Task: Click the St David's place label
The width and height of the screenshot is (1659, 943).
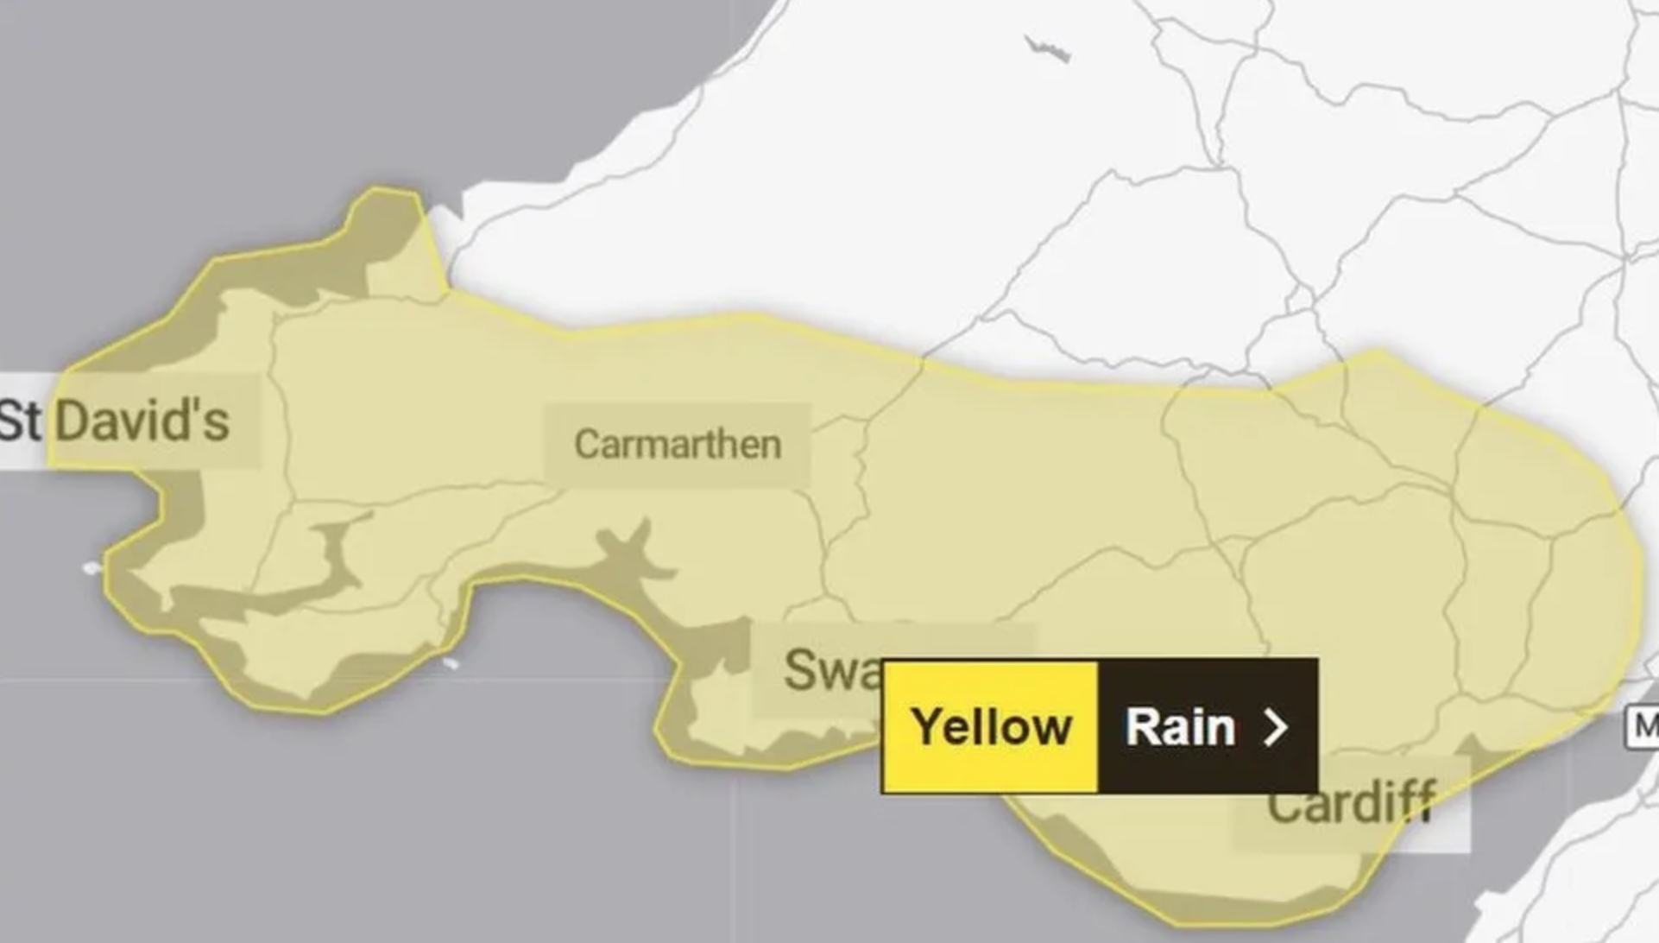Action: click(117, 421)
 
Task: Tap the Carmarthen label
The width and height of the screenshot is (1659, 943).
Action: click(678, 444)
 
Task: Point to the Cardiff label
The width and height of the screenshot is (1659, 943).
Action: click(1351, 803)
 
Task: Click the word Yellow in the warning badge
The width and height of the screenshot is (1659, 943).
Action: click(991, 727)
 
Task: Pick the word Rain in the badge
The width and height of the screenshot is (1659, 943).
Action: click(1180, 727)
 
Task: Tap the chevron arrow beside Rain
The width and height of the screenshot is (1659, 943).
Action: click(1276, 727)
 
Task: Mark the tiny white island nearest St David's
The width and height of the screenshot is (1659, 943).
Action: click(91, 567)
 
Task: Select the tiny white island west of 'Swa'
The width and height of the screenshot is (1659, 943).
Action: click(450, 663)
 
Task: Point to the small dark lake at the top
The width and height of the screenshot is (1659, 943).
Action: click(1046, 48)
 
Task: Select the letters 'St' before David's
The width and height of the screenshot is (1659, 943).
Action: click(19, 421)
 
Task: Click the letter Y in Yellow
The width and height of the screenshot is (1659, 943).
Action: click(927, 727)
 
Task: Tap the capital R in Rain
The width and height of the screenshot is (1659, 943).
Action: click(1142, 727)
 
